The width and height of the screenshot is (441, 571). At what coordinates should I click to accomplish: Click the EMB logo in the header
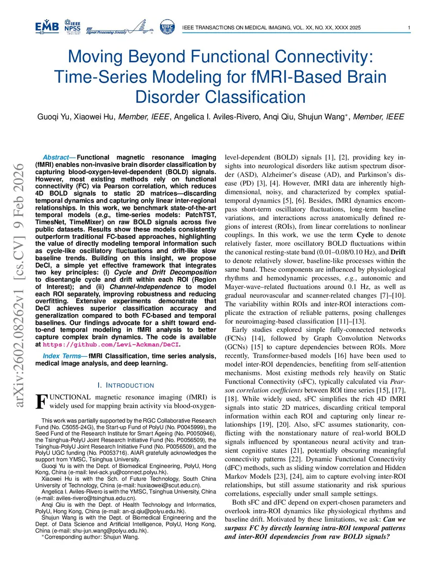pyautogui.click(x=47, y=27)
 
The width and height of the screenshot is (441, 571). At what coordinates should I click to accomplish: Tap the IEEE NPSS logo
pyautogui.click(x=72, y=27)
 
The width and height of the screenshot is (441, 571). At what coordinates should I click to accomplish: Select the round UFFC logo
pyautogui.click(x=167, y=27)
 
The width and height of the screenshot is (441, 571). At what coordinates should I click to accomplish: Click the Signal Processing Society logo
pyautogui.click(x=120, y=27)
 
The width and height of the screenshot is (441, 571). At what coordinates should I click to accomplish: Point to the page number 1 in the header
pyautogui.click(x=409, y=28)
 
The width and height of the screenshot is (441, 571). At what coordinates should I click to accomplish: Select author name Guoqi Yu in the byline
pyautogui.click(x=53, y=117)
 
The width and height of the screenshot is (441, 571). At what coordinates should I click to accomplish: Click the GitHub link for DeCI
pyautogui.click(x=111, y=344)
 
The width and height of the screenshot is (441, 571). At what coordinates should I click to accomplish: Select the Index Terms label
pyautogui.click(x=62, y=356)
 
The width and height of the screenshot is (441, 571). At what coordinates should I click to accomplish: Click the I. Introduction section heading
pyautogui.click(x=126, y=386)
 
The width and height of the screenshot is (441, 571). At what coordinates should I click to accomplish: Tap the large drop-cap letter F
pyautogui.click(x=41, y=402)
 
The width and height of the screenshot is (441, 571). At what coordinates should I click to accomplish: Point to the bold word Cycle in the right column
pyautogui.click(x=367, y=235)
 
